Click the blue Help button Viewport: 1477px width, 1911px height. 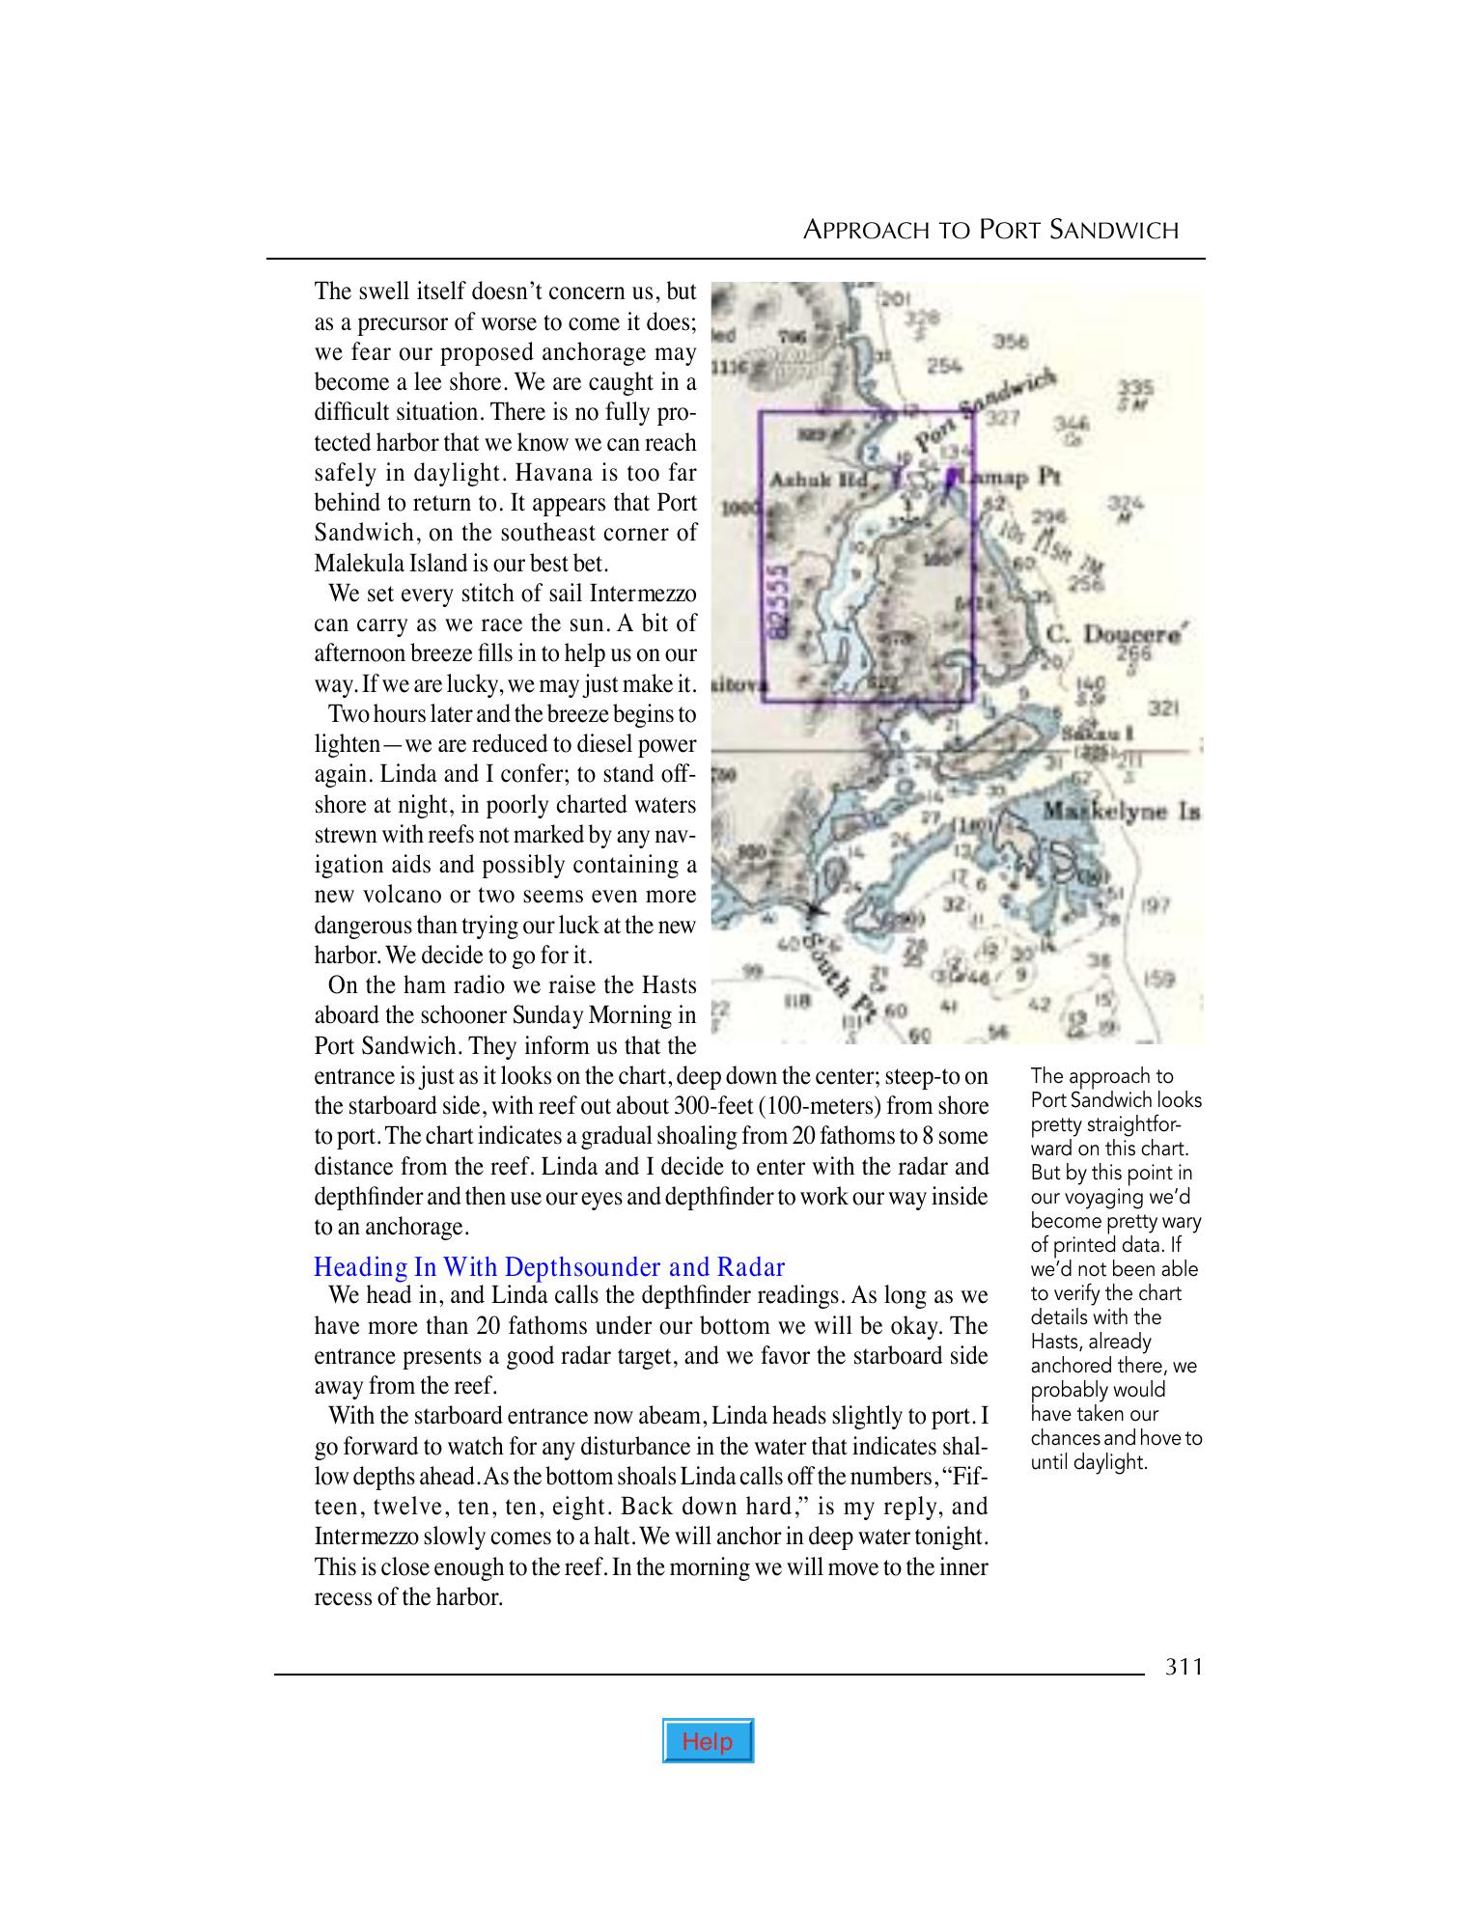pos(708,1741)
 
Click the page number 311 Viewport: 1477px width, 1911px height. pos(1184,1667)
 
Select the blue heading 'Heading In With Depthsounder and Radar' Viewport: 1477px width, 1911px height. pos(549,1266)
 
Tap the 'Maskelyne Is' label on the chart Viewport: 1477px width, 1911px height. pos(1121,812)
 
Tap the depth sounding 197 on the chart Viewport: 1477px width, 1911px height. pos(1156,905)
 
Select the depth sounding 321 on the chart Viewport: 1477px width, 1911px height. pos(1166,708)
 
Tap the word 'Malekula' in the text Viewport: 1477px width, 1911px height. pos(358,563)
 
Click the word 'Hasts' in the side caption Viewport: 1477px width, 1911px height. pos(1055,1342)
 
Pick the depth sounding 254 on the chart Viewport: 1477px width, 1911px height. pos(943,367)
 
